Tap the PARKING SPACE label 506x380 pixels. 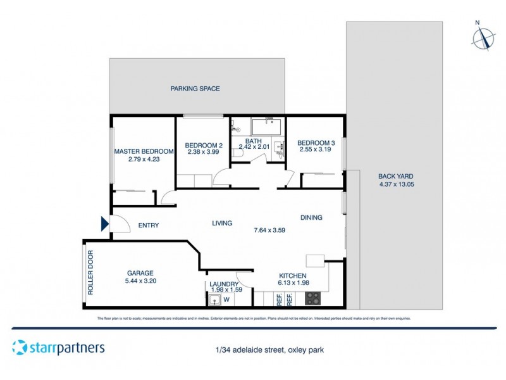tap(195, 89)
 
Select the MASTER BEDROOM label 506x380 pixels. tap(144, 151)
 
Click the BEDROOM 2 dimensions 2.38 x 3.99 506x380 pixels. tap(202, 153)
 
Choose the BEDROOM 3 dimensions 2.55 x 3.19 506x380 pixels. tap(316, 149)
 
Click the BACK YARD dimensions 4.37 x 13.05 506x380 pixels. tap(395, 184)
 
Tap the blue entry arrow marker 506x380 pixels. tap(104, 223)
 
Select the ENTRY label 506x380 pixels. tap(148, 225)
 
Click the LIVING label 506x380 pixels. tap(222, 223)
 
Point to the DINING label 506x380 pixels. tap(311, 217)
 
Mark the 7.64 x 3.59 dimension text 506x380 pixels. tap(269, 230)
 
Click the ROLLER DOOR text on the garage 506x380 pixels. tap(90, 273)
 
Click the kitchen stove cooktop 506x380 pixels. tap(313, 298)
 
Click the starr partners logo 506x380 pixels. tap(58, 347)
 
